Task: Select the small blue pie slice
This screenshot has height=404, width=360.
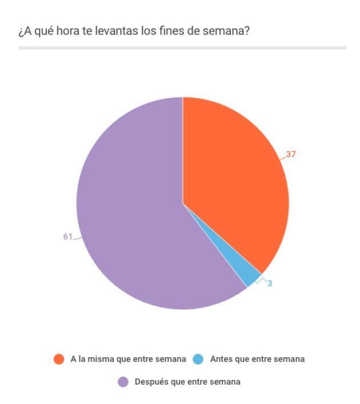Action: click(x=253, y=278)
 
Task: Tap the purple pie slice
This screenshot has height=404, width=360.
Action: click(x=131, y=217)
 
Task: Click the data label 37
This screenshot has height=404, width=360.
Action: click(x=291, y=154)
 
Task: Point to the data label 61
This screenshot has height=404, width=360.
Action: click(x=67, y=237)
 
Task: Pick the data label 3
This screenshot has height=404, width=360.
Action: click(x=269, y=283)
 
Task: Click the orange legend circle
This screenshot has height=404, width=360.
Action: click(x=58, y=359)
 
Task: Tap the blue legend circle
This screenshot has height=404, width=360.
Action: click(x=198, y=359)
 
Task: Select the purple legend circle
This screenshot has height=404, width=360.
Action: click(x=123, y=382)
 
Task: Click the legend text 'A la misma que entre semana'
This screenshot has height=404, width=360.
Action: click(x=128, y=359)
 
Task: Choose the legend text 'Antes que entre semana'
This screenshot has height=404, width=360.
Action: click(x=257, y=359)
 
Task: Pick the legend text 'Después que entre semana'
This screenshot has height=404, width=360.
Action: click(x=187, y=382)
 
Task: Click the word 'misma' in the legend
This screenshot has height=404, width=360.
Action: click(x=101, y=359)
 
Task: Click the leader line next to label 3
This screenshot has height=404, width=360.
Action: click(x=262, y=280)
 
